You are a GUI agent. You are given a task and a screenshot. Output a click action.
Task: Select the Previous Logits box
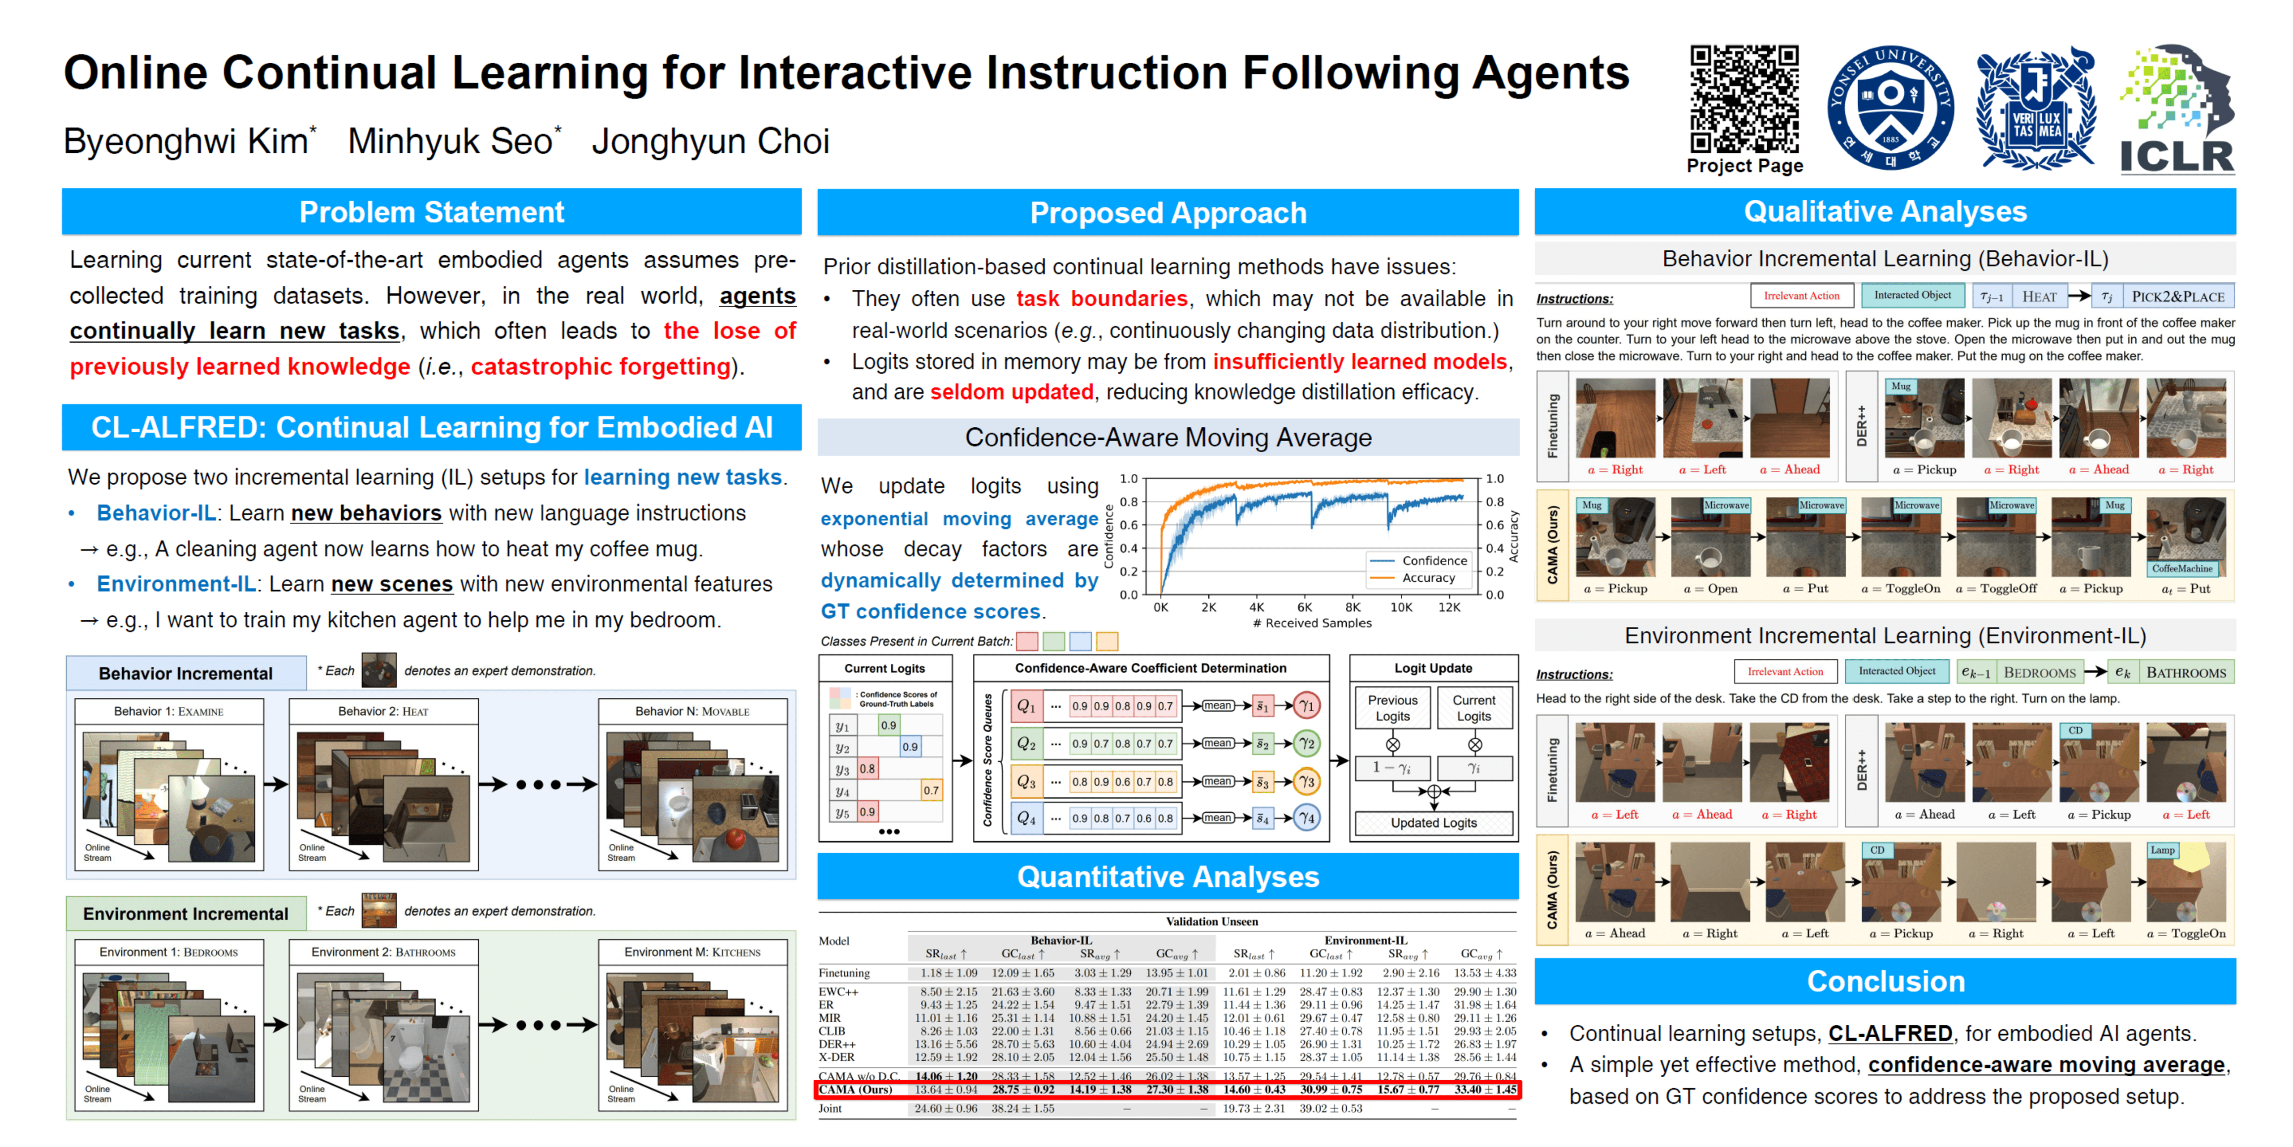[x=1392, y=709]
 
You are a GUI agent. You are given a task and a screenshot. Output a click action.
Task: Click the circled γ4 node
[x=1306, y=818]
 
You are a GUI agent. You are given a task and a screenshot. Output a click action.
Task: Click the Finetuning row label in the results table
[x=844, y=973]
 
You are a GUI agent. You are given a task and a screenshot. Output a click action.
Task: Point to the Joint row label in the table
[x=830, y=1109]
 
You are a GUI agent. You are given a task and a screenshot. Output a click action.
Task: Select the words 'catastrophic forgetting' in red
[x=601, y=367]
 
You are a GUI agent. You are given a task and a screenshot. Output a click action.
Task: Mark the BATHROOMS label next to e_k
[x=2186, y=673]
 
